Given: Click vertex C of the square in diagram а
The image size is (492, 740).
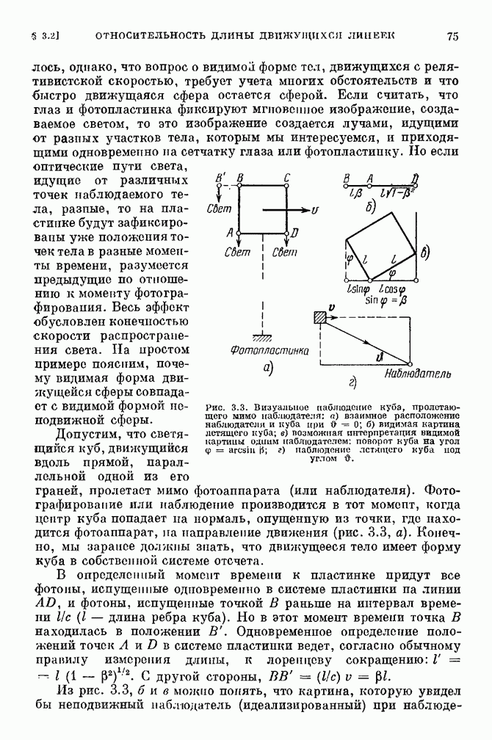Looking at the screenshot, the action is (x=286, y=186).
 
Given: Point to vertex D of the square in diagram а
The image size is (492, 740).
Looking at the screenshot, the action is (x=286, y=233).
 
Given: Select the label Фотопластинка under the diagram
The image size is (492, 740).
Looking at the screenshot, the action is (x=269, y=350).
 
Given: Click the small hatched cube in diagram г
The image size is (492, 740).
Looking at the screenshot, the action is (x=320, y=318).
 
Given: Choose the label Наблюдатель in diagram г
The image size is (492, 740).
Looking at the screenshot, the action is (x=417, y=374).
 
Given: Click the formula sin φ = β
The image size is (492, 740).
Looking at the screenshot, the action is (x=386, y=300).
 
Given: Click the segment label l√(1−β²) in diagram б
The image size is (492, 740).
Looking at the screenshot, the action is (x=399, y=192).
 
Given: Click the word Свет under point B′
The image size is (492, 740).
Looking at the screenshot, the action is (x=219, y=208).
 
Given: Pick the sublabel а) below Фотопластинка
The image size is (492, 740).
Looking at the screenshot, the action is (x=268, y=367).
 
